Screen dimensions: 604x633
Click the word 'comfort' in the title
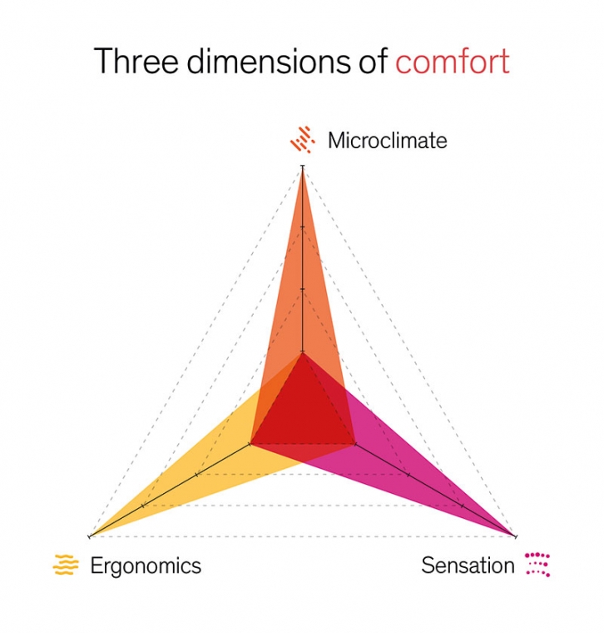(x=453, y=61)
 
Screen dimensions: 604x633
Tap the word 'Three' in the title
(x=136, y=61)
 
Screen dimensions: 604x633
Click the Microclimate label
(x=388, y=141)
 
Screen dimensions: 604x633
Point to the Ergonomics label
(x=146, y=566)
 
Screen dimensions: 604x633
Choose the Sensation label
(x=468, y=566)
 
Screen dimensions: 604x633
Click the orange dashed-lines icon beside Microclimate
(x=302, y=140)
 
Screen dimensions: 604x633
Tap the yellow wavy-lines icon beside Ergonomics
(x=66, y=565)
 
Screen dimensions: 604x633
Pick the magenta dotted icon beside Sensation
(x=538, y=564)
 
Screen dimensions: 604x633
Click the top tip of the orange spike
(x=303, y=167)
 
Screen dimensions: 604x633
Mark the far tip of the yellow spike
(x=90, y=536)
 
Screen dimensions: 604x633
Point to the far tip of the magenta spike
(x=516, y=536)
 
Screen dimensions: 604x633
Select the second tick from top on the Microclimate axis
(x=303, y=227)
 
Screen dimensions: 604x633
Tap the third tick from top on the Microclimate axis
(x=303, y=289)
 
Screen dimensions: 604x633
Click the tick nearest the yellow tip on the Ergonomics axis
(x=143, y=506)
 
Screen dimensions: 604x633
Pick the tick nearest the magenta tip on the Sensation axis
(x=462, y=506)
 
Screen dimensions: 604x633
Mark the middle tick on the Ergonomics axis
(x=196, y=475)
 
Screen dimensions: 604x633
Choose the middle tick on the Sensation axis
(x=408, y=475)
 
